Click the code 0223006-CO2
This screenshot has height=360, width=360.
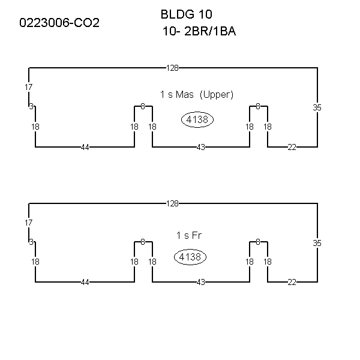click(x=59, y=23)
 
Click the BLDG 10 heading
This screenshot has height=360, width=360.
click(x=186, y=14)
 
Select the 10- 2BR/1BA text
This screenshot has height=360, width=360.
click(x=199, y=31)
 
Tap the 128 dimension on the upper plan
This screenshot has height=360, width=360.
click(x=172, y=68)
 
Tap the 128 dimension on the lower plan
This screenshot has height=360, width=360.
click(x=172, y=203)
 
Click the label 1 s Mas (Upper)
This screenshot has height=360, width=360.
click(x=197, y=94)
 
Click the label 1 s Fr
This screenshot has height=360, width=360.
click(x=189, y=235)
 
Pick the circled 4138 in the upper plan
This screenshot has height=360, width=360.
click(x=197, y=119)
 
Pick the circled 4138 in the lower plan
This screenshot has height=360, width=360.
click(x=190, y=257)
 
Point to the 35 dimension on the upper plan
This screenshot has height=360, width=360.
click(x=317, y=107)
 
